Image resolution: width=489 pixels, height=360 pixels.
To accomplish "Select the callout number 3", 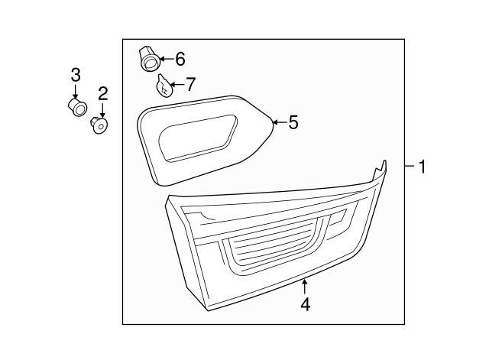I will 76,74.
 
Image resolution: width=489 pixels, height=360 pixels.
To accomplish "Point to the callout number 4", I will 305,303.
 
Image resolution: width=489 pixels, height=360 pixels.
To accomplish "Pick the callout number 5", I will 293,122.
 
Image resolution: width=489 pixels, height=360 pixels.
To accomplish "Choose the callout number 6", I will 180,58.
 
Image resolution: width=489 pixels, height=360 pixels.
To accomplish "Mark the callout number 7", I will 190,83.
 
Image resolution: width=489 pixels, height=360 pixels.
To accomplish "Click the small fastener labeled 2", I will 99,124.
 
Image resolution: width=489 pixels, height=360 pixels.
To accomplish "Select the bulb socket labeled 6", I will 148,57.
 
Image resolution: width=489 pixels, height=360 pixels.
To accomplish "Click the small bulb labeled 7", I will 164,85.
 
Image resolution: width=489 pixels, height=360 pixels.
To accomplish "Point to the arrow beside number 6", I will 165,58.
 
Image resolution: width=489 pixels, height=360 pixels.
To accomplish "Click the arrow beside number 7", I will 176,83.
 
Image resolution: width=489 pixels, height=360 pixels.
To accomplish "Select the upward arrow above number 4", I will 305,287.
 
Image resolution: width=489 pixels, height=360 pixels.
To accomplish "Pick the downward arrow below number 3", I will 76,91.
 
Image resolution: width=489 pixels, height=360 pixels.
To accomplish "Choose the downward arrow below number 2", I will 102,111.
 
